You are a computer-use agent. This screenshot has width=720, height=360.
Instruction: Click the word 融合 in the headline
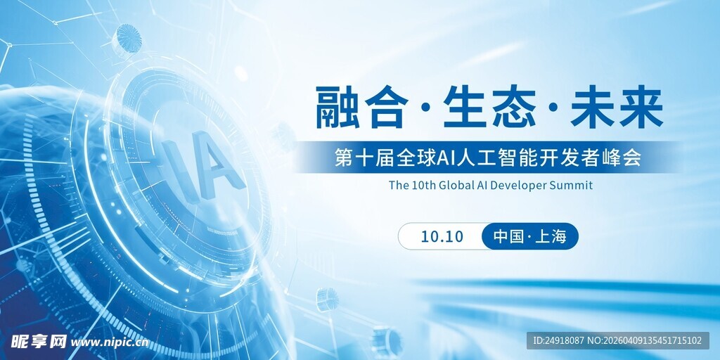click(361, 107)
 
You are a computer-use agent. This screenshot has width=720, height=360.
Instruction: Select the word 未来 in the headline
click(617, 107)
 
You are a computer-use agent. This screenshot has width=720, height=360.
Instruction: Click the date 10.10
click(442, 236)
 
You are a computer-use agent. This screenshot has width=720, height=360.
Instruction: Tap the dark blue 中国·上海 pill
click(529, 236)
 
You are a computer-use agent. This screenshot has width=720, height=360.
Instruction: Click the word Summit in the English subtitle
click(572, 186)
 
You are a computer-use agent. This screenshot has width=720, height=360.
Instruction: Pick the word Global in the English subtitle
click(456, 186)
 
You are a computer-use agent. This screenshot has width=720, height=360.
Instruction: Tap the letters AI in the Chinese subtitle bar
click(447, 157)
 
